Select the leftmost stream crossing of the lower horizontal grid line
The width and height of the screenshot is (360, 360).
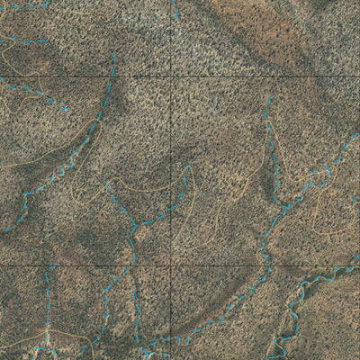(49, 265)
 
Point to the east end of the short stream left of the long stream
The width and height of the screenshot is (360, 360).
(68, 109)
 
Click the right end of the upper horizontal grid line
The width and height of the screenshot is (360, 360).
(359, 76)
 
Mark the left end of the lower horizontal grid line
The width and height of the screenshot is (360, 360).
(0, 265)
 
